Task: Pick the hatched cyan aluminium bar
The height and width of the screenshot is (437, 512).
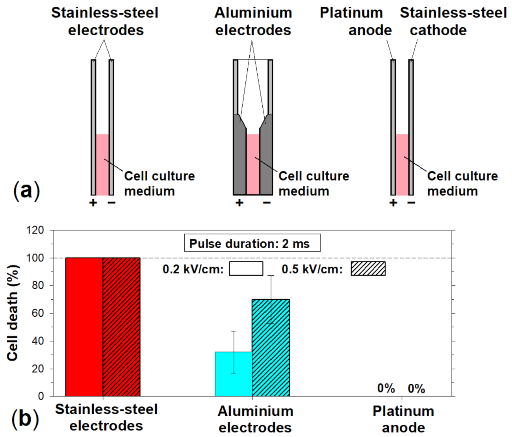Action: tap(271, 347)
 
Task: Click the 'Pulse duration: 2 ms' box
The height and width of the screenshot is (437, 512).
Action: tap(252, 243)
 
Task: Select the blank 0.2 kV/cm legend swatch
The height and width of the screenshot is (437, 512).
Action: tap(246, 269)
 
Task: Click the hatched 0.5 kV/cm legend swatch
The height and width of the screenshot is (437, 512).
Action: tap(368, 269)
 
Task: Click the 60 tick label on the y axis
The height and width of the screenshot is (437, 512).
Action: tap(38, 313)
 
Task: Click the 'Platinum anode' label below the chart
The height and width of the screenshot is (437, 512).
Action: tap(403, 419)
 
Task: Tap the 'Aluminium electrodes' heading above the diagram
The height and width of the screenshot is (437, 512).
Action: tap(253, 21)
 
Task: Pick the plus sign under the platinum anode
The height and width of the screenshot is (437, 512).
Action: tap(393, 203)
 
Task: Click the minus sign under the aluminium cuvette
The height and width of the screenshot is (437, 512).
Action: tap(267, 203)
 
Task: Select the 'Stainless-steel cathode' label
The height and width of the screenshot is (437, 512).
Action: tap(453, 21)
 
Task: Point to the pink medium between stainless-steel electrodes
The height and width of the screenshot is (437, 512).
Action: tap(102, 164)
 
